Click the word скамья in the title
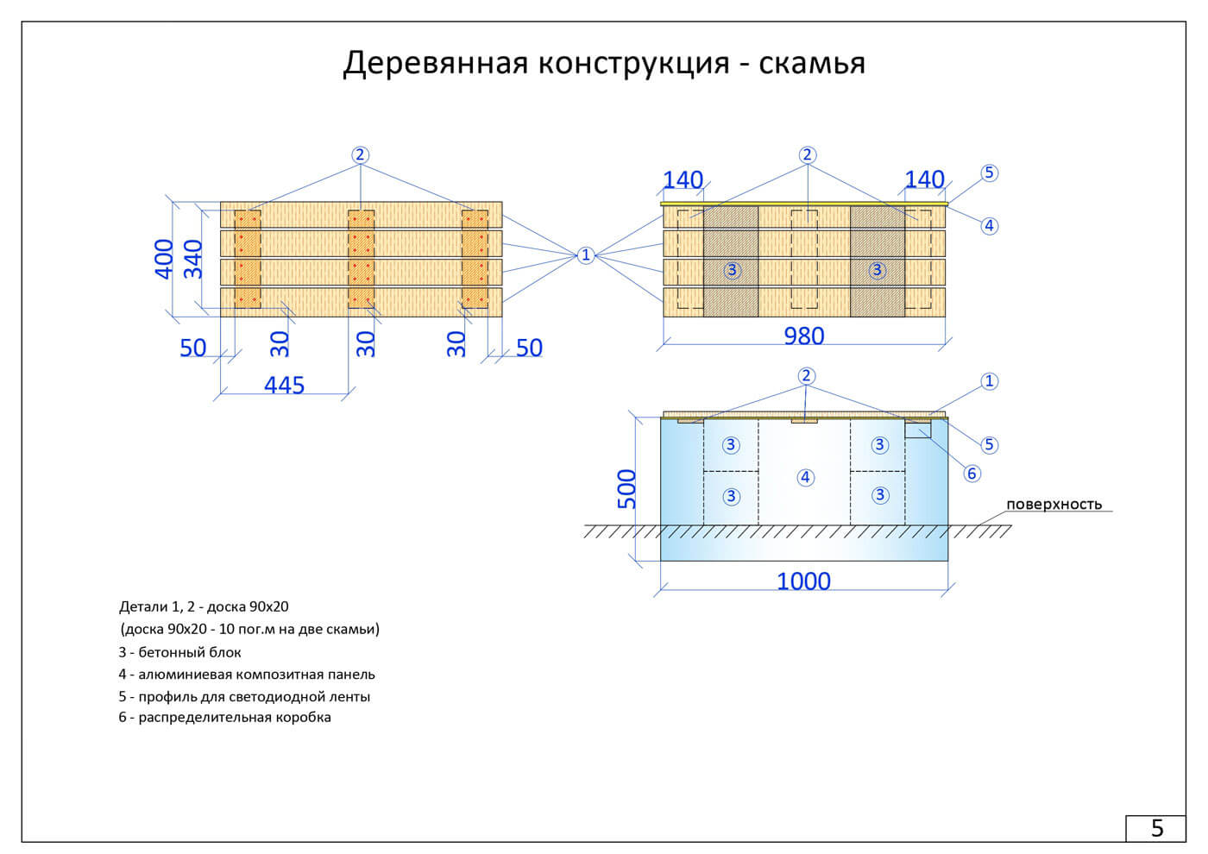812,63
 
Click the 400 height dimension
164,258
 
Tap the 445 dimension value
284,385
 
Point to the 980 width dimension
803,336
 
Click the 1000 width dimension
803,581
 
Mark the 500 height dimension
626,488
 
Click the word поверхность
1054,504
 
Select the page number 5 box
1156,828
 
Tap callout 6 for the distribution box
972,473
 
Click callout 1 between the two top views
586,254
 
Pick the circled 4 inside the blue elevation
805,477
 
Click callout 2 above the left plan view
360,155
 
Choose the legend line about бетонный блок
180,652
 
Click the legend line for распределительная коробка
225,717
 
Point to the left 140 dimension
683,179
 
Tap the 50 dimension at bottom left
192,348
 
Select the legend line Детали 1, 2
204,606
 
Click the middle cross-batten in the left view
361,258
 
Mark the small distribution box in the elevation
918,429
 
